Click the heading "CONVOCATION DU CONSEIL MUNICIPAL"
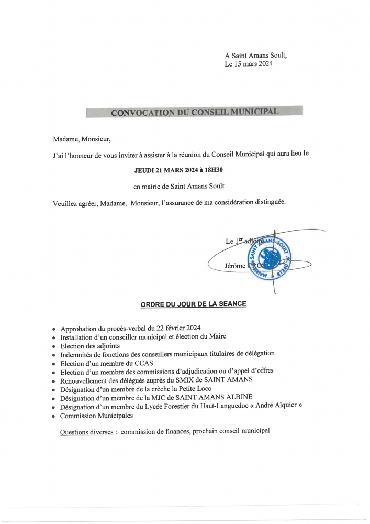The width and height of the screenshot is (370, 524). tap(194, 112)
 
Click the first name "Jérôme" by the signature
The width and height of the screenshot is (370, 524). tap(235, 266)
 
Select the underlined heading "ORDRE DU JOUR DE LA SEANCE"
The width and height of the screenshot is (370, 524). tap(193, 304)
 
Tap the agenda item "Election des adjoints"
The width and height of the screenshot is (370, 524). tap(90, 346)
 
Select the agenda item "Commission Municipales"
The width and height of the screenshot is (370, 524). tap(96, 415)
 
